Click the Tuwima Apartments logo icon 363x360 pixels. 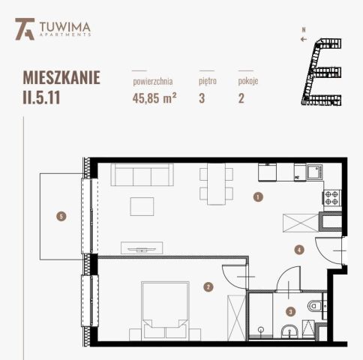23,29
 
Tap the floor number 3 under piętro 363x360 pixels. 202,97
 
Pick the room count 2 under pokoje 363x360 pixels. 241,97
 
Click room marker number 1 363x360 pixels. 257,197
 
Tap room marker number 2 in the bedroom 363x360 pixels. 208,286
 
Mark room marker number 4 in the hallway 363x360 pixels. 298,250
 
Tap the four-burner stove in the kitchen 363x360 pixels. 331,199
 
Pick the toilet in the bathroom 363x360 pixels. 316,307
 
